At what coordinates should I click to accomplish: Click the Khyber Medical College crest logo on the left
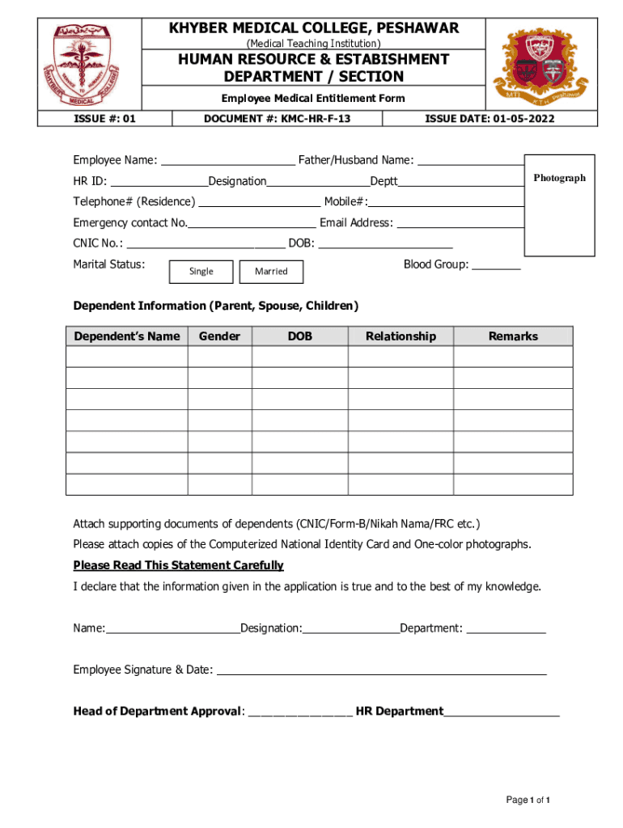click(91, 68)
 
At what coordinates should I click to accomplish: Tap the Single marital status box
click(201, 272)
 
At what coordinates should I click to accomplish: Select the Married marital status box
click(271, 272)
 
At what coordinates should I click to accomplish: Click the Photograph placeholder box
click(559, 205)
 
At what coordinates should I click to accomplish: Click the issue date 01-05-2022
click(489, 119)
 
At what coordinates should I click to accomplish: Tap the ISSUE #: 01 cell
click(106, 119)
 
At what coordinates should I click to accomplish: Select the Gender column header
click(219, 336)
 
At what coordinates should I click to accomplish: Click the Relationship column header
click(400, 336)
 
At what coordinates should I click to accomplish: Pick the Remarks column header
click(513, 336)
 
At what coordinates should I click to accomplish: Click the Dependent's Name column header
click(127, 336)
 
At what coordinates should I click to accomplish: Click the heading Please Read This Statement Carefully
click(178, 565)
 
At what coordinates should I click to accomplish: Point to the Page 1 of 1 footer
click(528, 801)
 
